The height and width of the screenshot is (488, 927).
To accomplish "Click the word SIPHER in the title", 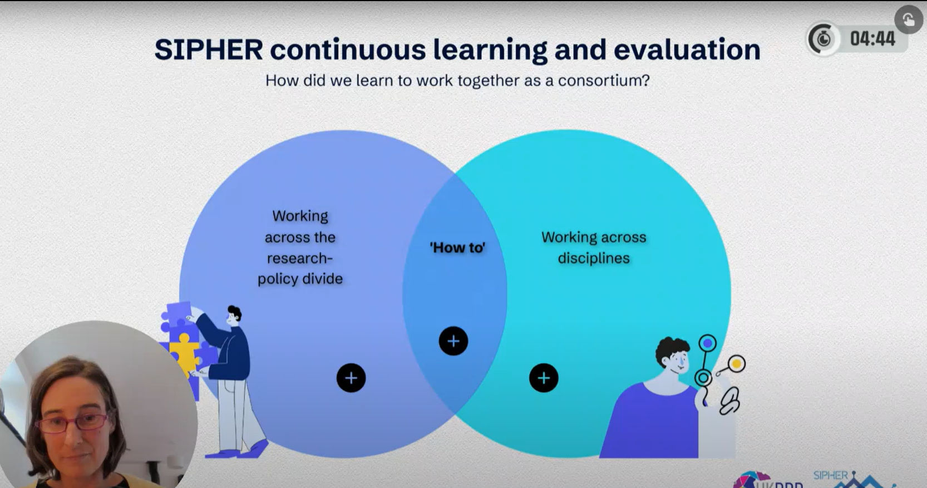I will [208, 50].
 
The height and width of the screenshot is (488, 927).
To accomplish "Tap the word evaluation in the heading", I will [687, 50].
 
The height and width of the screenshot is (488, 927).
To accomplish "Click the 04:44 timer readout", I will [872, 39].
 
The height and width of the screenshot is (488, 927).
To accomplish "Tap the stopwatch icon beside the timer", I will [823, 39].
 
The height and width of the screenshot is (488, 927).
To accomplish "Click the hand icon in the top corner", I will [908, 20].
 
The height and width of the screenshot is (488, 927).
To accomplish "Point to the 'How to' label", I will [457, 248].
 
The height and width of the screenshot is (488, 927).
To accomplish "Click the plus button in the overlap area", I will [453, 341].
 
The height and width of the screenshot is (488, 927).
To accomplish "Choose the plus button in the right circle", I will [544, 378].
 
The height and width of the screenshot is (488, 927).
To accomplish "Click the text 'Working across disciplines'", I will [594, 248].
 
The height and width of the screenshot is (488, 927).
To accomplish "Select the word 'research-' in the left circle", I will [300, 258].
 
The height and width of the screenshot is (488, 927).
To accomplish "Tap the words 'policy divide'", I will [300, 279].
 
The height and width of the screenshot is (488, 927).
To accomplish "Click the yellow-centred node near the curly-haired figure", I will [736, 364].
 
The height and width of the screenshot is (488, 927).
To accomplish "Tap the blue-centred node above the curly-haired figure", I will [707, 343].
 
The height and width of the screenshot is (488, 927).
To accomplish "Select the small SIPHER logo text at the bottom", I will [830, 475].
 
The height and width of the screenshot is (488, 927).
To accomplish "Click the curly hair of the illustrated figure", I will [670, 348].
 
